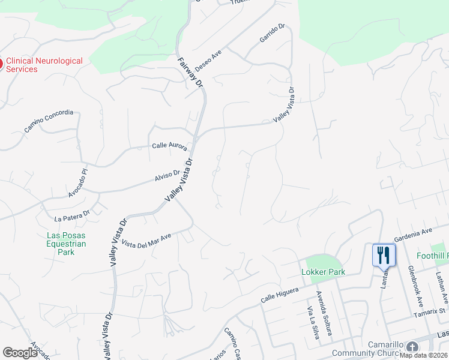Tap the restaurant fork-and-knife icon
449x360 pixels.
[384, 255]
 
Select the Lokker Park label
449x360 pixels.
[322, 272]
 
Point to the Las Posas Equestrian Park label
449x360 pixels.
[67, 244]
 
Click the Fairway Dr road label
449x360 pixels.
[191, 71]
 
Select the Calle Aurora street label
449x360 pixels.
[169, 146]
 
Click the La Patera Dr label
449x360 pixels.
[71, 215]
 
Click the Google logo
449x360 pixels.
[20, 353]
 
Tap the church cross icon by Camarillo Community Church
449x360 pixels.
[412, 347]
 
